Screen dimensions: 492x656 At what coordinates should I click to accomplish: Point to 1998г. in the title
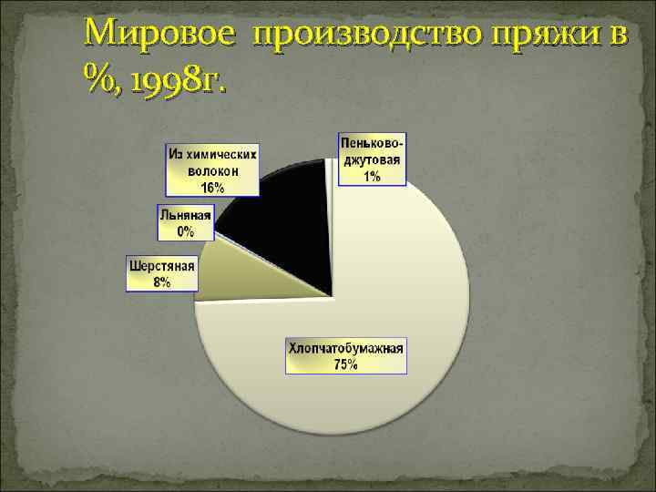(x=179, y=85)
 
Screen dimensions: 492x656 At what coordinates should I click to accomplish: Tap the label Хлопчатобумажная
(x=346, y=348)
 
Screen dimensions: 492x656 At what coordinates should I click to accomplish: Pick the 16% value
(x=212, y=187)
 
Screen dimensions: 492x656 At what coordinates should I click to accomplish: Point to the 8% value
(x=162, y=282)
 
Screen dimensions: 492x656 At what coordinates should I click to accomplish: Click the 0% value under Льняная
(x=186, y=231)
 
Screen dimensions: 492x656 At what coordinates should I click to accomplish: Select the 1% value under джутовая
(x=372, y=176)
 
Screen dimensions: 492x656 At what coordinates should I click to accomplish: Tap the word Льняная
(x=186, y=217)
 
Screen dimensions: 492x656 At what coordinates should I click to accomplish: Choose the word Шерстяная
(x=162, y=268)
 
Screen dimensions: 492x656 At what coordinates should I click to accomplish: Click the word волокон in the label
(x=212, y=170)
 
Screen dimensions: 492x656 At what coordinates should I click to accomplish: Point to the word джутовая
(x=372, y=160)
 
